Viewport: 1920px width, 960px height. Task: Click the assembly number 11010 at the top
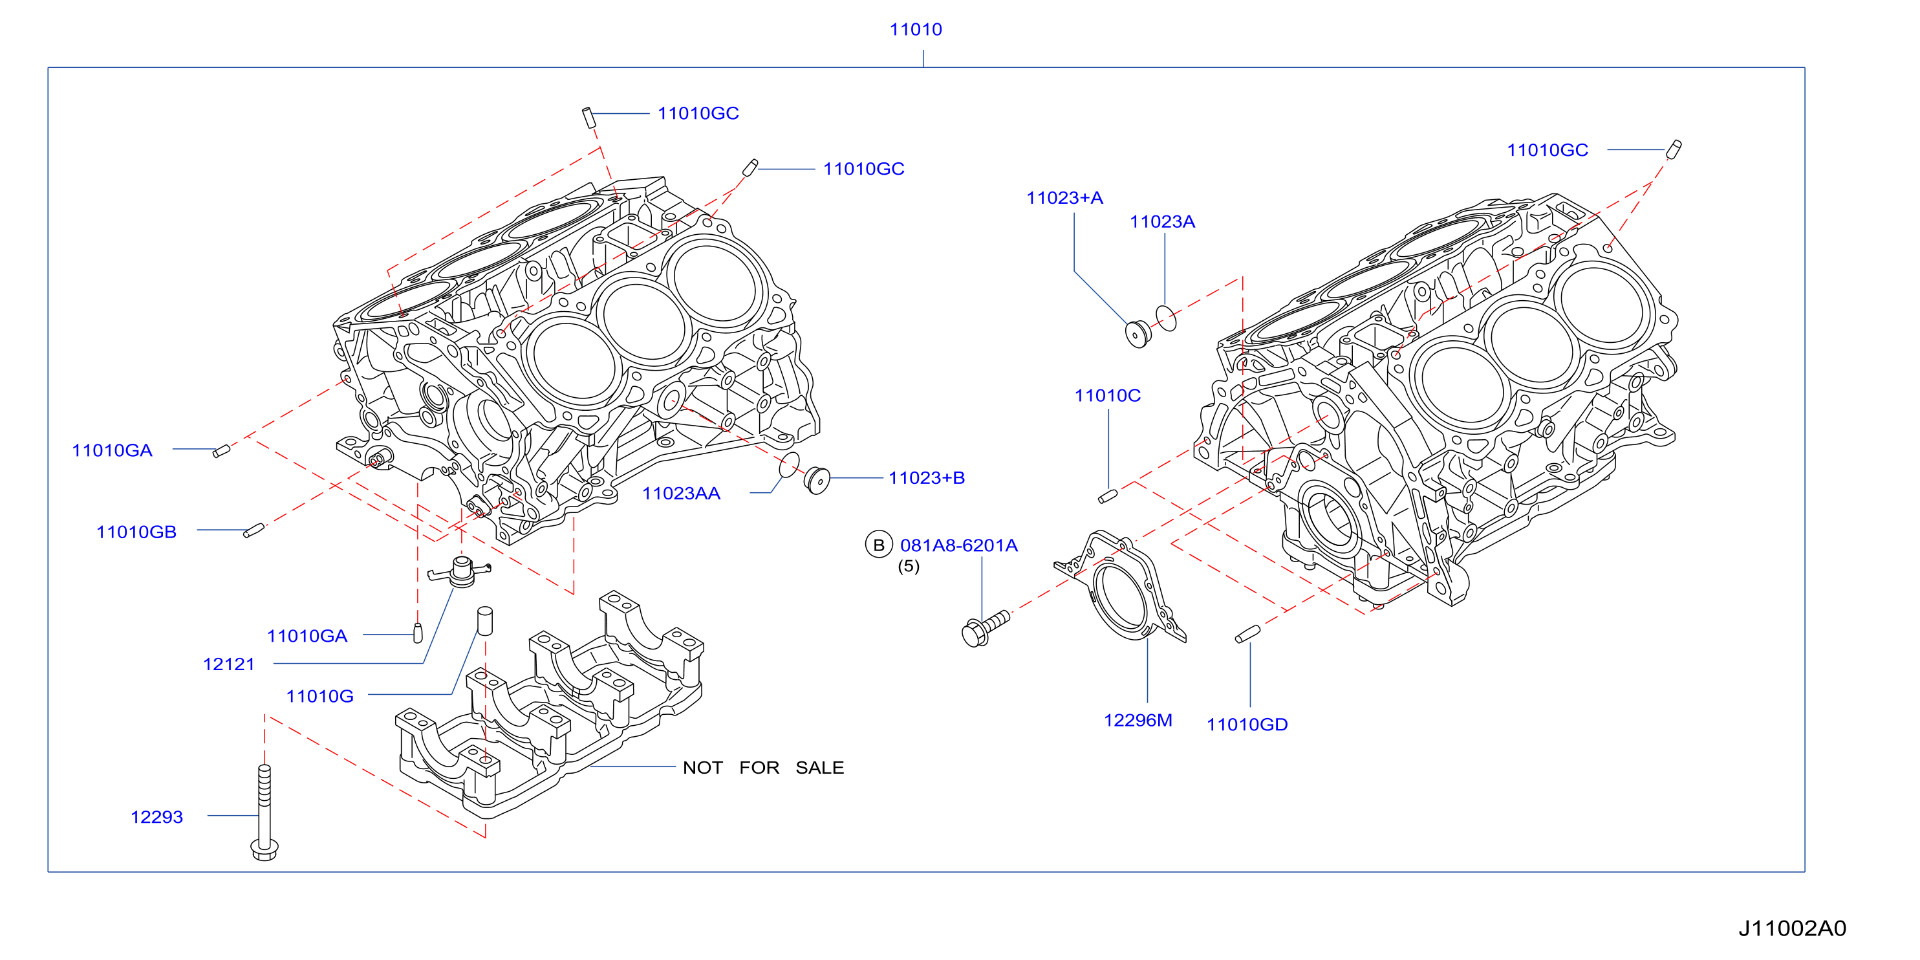(915, 29)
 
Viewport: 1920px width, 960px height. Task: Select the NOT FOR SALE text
(763, 768)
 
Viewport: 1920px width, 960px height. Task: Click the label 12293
(156, 817)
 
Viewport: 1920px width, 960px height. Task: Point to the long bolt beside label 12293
(264, 813)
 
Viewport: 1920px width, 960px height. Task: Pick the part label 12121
(229, 664)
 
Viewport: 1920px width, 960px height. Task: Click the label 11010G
(319, 696)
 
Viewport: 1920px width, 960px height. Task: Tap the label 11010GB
(136, 532)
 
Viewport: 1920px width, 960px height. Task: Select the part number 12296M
(1138, 720)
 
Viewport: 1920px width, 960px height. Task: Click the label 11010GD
(1247, 725)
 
